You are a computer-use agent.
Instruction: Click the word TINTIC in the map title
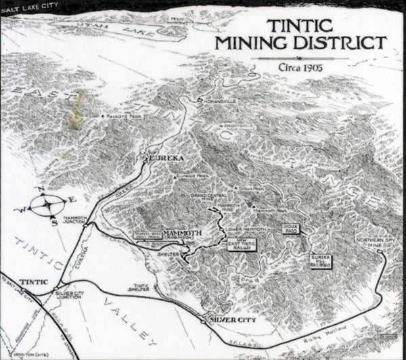[x=299, y=25]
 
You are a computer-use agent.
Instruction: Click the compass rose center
[x=51, y=204]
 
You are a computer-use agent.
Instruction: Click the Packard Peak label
[x=125, y=116]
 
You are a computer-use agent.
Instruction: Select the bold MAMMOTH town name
[x=183, y=233]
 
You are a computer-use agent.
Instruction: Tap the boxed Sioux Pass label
[x=291, y=230]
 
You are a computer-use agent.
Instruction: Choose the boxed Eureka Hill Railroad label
[x=320, y=262]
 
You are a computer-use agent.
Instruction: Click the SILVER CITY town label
[x=232, y=319]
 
